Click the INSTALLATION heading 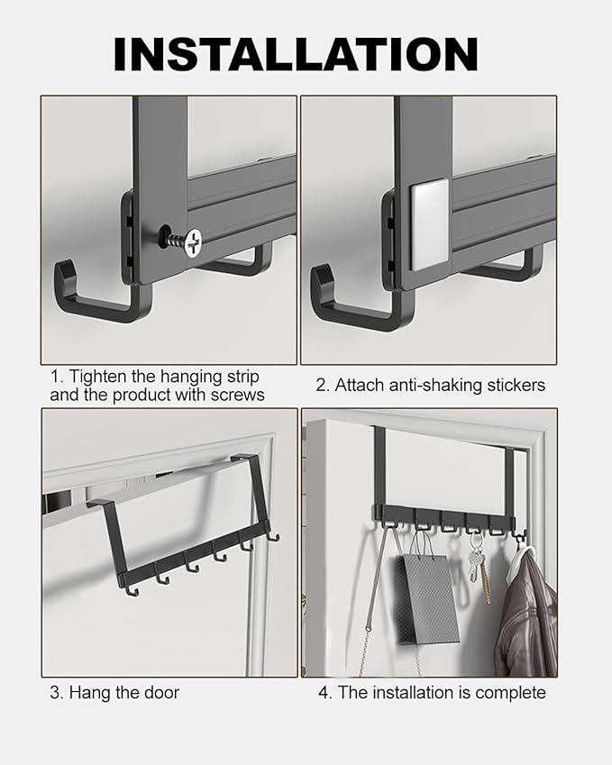[296, 54]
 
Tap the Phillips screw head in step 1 [194, 243]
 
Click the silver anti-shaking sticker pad [430, 224]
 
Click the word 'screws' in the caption [237, 395]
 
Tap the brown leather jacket [527, 613]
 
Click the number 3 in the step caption [54, 693]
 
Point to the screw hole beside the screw [165, 232]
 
